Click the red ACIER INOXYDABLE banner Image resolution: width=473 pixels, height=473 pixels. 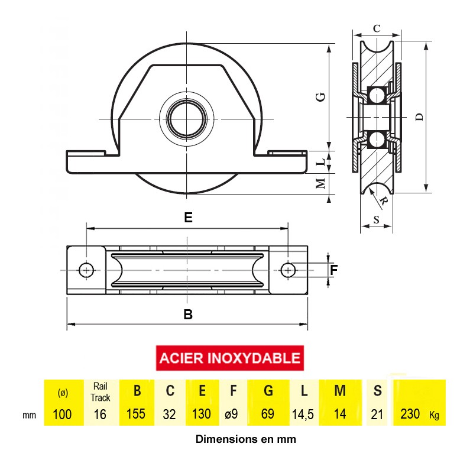(230, 358)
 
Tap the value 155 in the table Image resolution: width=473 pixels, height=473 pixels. (136, 414)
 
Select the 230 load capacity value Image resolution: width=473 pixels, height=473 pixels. (410, 414)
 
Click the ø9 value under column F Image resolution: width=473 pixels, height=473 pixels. (231, 414)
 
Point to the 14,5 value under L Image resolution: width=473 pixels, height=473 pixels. (303, 414)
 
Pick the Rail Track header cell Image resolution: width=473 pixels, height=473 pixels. (101, 392)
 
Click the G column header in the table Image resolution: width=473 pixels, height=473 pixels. (268, 391)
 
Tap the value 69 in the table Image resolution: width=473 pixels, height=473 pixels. (268, 414)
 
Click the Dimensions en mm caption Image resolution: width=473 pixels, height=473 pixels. (245, 439)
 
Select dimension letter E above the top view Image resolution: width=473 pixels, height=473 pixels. (188, 218)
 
